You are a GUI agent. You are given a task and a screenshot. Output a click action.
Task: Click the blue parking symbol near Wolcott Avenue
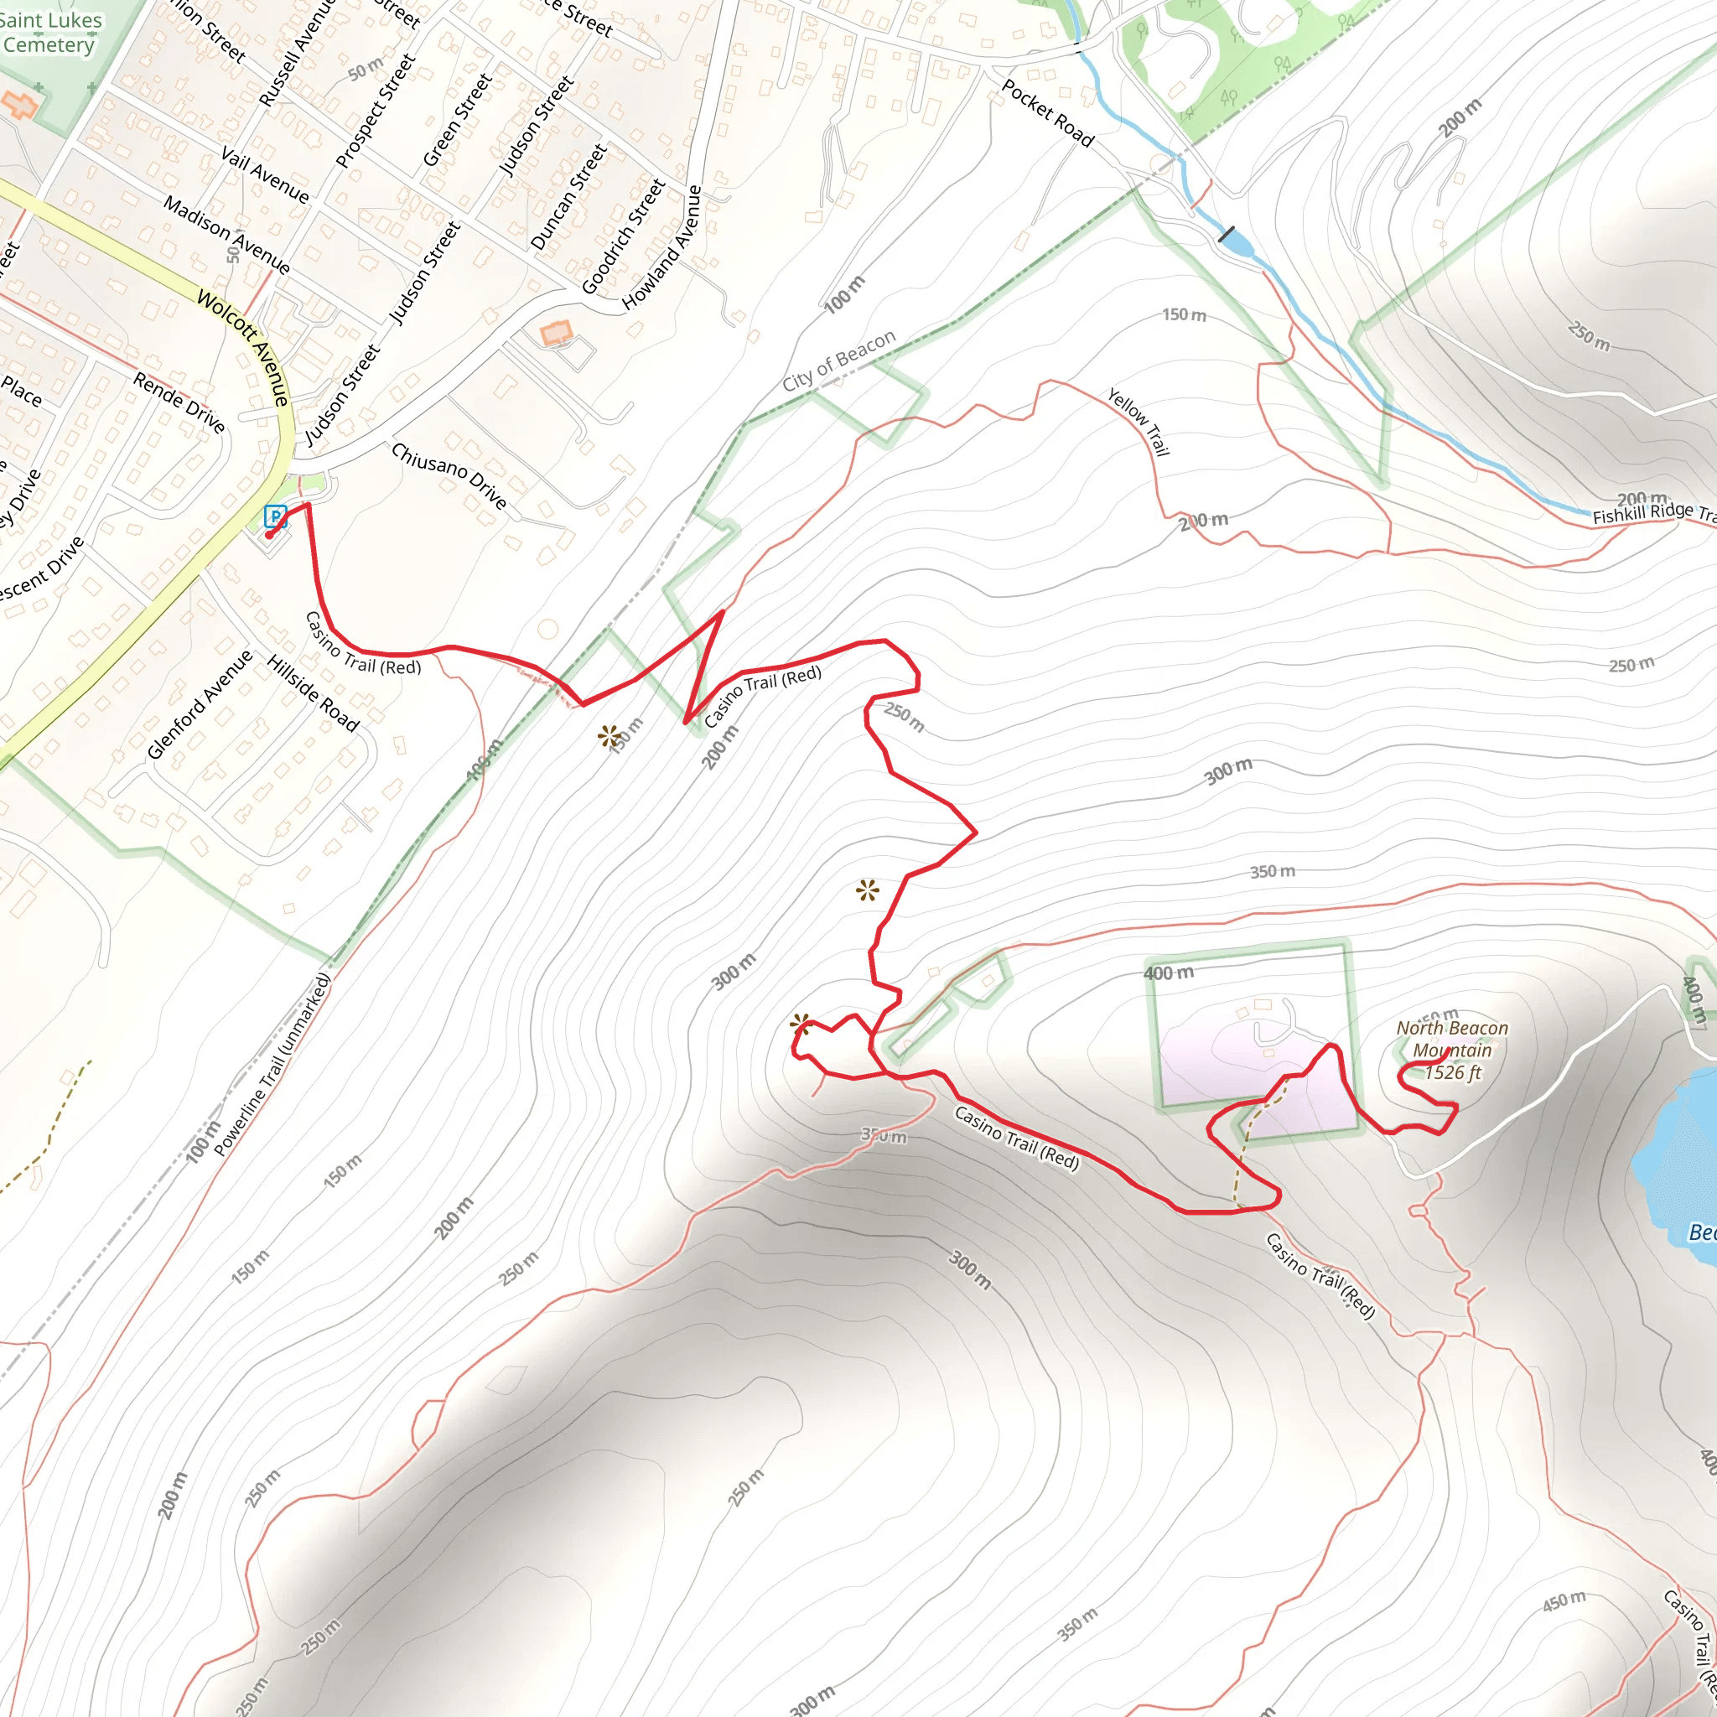[x=276, y=516]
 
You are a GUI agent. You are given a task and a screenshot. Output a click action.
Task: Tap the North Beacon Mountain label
[x=1451, y=1039]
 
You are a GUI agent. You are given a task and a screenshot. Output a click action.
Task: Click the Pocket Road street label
[x=1048, y=112]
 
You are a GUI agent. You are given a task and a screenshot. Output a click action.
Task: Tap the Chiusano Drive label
[x=449, y=475]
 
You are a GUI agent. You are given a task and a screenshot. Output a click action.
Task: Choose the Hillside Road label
[x=313, y=693]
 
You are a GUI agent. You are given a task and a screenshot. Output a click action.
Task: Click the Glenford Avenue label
[x=200, y=704]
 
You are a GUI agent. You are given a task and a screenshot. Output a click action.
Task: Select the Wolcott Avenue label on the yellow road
[x=243, y=347]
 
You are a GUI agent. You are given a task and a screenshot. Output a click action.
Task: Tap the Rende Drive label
[x=179, y=402]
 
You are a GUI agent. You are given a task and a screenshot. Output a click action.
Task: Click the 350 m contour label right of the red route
[x=1272, y=872]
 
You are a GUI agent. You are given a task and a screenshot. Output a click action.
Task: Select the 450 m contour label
[x=1564, y=1600]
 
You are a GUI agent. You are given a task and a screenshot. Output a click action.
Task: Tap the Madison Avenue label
[x=226, y=235]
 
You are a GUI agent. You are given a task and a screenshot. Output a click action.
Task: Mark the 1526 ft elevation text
[x=1452, y=1072]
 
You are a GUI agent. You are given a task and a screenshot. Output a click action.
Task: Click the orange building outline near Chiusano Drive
[x=557, y=334]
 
